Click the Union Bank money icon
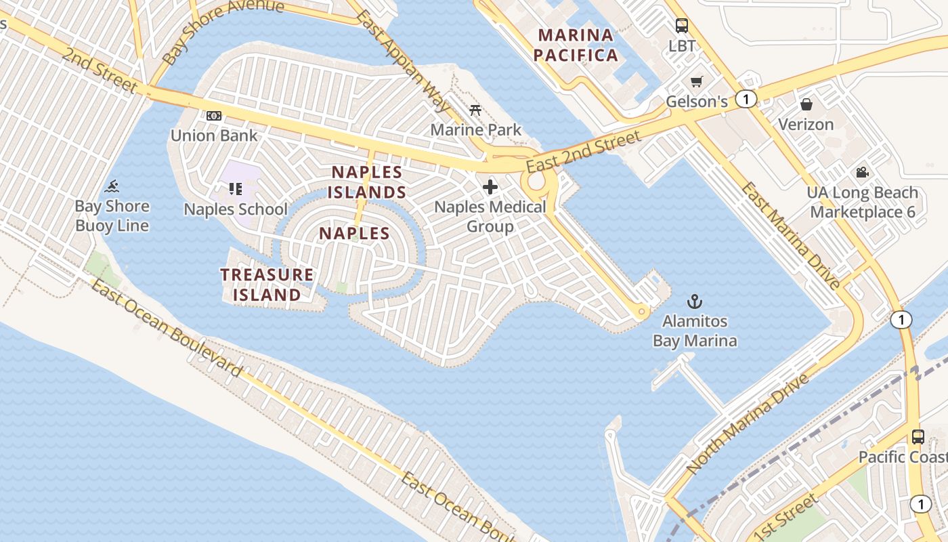[214, 116]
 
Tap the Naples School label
[236, 209]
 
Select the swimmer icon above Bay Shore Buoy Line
[112, 186]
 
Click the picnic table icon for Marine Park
[475, 110]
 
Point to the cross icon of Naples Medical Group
[490, 187]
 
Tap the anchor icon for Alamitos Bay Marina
[694, 301]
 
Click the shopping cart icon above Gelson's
[696, 82]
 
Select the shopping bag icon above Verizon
[806, 104]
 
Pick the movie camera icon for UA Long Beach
[862, 173]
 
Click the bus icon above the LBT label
[681, 26]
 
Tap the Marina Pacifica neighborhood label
[576, 45]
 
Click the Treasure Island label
[267, 285]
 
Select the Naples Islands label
[367, 182]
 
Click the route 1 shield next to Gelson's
[746, 100]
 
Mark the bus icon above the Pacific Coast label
[918, 437]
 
